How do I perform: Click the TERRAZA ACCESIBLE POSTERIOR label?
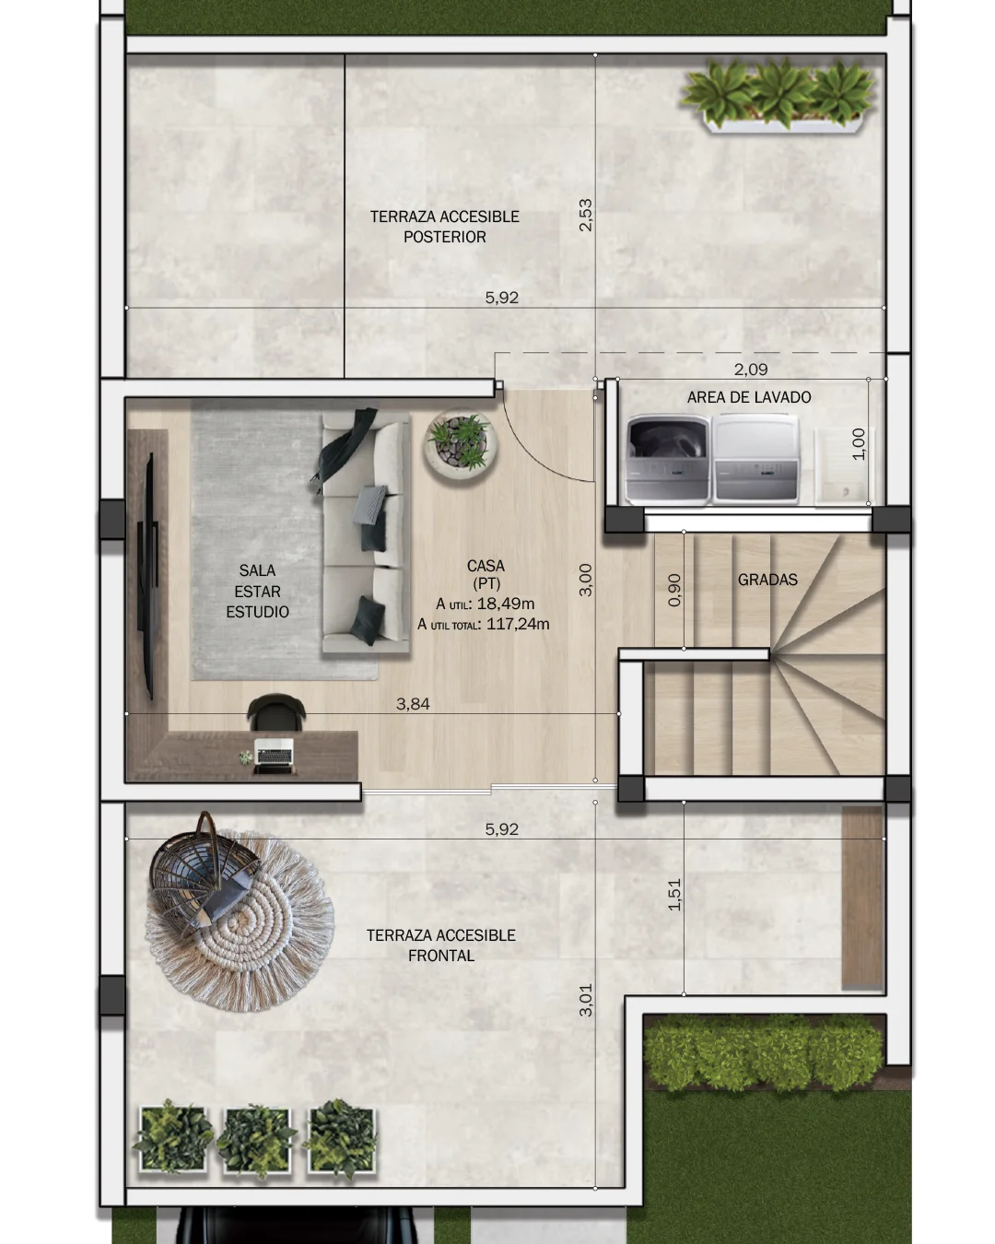click(445, 227)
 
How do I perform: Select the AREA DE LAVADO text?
click(749, 397)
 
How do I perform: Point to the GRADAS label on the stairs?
click(767, 580)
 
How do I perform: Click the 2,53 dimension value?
click(586, 215)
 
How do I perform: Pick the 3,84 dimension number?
click(413, 704)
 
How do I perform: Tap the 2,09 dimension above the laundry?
click(751, 370)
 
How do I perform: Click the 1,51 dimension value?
click(674, 894)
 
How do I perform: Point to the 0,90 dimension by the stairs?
click(674, 590)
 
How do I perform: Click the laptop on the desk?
click(274, 755)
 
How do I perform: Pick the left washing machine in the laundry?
click(667, 460)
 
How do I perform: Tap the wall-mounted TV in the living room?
click(148, 576)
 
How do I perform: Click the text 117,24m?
click(518, 624)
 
